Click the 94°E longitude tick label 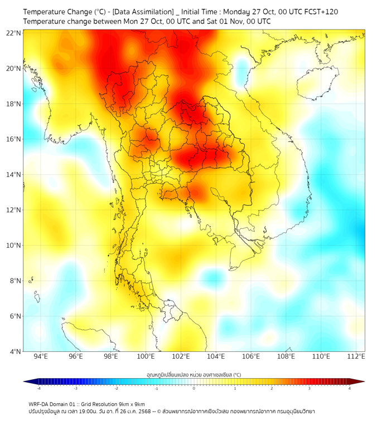click(x=41, y=356)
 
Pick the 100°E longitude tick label click(x=146, y=356)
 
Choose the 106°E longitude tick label click(x=251, y=356)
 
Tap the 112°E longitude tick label click(x=356, y=356)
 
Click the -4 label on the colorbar click(x=38, y=388)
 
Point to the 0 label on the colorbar click(x=194, y=388)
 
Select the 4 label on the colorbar click(x=349, y=388)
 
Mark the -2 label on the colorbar click(x=116, y=388)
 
